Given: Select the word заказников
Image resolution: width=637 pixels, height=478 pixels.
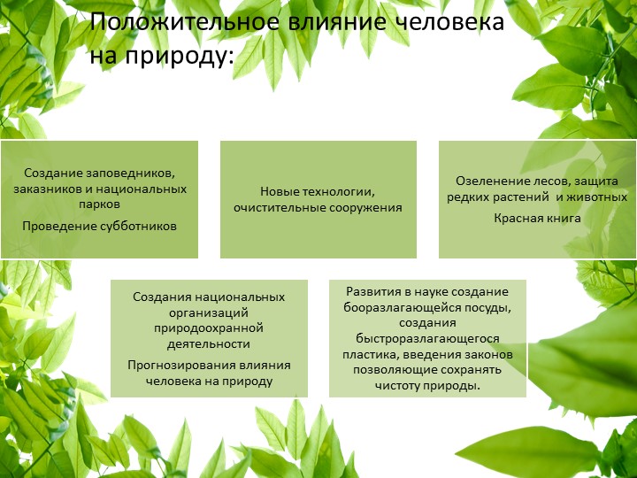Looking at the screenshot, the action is (x=48, y=189).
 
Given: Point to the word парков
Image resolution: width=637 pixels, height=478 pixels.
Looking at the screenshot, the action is (x=99, y=204).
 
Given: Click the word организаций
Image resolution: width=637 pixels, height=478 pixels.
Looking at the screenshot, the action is (x=209, y=312).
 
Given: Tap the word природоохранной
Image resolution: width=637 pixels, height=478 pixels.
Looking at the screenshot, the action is (x=209, y=328).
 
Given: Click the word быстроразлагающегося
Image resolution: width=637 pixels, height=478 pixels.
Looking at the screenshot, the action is (x=427, y=338).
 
